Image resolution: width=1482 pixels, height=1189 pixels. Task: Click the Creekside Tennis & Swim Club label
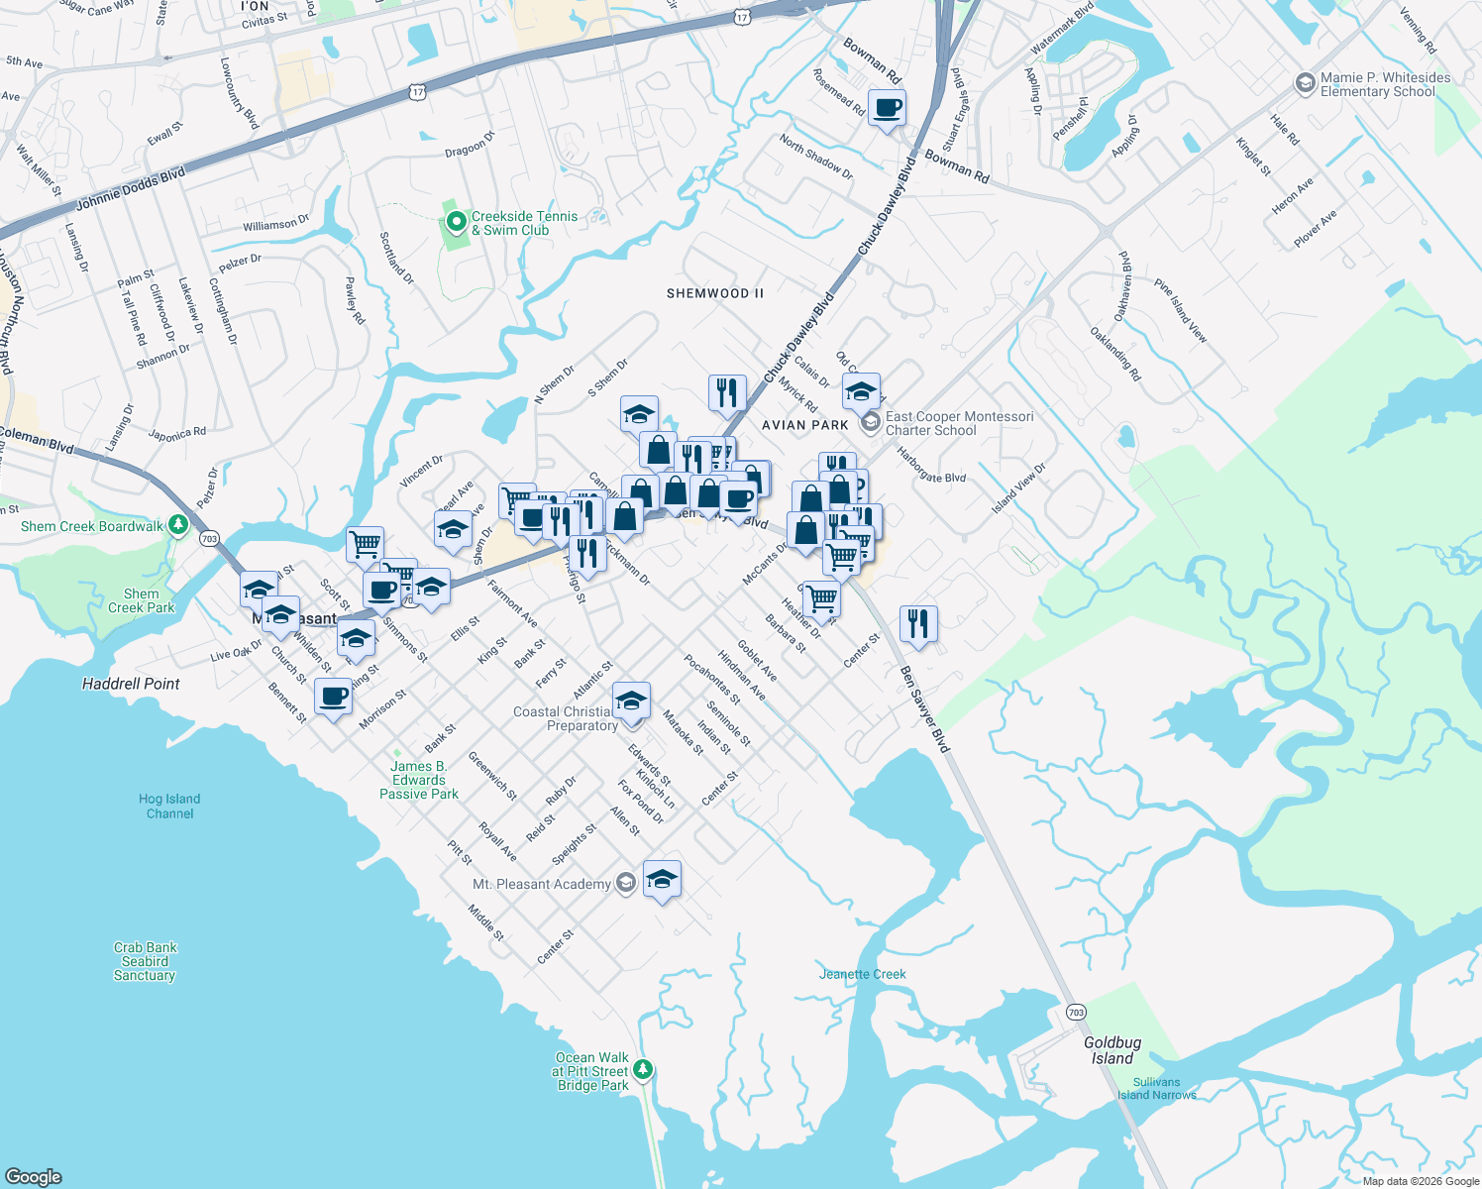click(523, 223)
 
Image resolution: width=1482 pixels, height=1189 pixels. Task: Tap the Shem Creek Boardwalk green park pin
click(178, 525)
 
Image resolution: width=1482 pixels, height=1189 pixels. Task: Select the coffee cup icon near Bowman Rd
click(887, 107)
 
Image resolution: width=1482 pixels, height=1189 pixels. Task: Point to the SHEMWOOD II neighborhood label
click(715, 293)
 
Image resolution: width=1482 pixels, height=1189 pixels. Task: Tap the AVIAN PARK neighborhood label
click(804, 425)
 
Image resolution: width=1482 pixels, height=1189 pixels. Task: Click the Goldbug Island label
click(1111, 1050)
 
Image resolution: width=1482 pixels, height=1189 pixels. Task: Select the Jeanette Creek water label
click(862, 974)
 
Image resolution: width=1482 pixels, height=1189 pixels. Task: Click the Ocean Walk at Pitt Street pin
click(644, 1069)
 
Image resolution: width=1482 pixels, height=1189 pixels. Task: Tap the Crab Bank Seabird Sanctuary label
click(145, 961)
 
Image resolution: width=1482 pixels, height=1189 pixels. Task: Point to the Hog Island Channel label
click(169, 807)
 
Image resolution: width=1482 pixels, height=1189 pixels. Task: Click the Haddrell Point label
click(131, 684)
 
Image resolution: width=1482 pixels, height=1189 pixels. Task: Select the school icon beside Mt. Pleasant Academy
click(662, 878)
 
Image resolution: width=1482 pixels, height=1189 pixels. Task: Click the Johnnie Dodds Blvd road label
click(131, 190)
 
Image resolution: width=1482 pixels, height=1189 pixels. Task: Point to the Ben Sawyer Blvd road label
click(924, 709)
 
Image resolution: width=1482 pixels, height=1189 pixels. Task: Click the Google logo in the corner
click(34, 1177)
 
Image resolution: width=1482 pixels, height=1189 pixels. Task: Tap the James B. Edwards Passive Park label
click(418, 780)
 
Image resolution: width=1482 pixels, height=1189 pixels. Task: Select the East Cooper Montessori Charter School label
click(958, 423)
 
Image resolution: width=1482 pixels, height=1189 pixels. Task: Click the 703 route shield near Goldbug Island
click(1076, 1012)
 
